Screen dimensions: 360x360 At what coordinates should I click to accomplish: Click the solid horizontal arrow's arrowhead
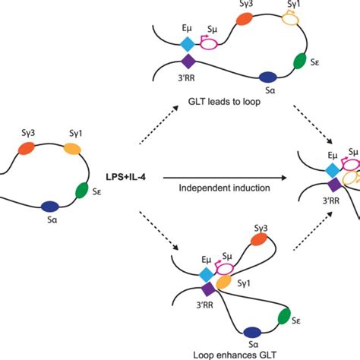coord(287,178)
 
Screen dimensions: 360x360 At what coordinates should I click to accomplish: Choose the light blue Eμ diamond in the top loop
coord(188,45)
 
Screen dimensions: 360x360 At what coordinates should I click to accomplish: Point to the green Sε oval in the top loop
coord(300,60)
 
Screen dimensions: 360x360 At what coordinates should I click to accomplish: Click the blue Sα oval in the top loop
coord(267,76)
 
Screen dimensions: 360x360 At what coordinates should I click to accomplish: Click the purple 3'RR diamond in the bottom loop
coord(208,289)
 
